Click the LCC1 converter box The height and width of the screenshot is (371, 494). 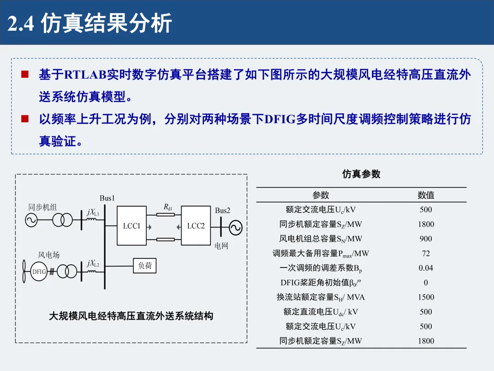coord(131,225)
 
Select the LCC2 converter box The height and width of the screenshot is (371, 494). coord(196,225)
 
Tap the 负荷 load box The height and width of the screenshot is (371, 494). coord(145,266)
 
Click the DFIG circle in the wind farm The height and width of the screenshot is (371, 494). coord(39,272)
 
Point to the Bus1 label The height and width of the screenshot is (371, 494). coord(107,198)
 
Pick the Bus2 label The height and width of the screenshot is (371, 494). coord(223,211)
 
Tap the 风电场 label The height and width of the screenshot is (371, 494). coord(48,255)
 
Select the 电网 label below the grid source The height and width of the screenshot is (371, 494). coord(221,246)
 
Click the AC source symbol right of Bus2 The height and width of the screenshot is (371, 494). coord(236,228)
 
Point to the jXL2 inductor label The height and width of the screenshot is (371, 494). coord(93,263)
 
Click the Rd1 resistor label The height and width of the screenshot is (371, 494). coord(168,207)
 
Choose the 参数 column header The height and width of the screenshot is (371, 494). coord(321,195)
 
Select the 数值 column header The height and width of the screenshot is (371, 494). coord(425,195)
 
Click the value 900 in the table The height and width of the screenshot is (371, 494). coord(425,239)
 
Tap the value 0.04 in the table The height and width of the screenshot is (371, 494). coord(425,268)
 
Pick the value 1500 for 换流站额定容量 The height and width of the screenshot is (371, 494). coord(425,297)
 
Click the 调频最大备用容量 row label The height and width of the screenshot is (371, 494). coord(321,253)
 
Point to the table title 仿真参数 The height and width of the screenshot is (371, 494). coord(361,174)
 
